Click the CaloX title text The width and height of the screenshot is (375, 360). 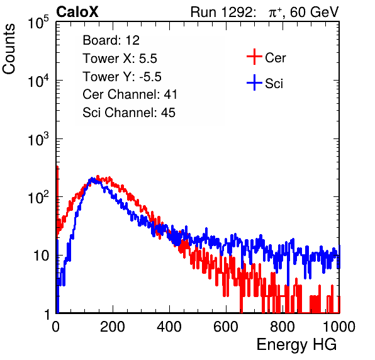77,12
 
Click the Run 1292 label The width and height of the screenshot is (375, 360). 221,12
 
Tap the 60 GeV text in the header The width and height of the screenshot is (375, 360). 314,12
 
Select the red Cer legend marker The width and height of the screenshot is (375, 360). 254,57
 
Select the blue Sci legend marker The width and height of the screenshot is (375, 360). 254,82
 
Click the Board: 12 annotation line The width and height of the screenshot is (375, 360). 111,40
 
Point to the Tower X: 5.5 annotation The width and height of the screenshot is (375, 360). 120,59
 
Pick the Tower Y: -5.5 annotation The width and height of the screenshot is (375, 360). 122,77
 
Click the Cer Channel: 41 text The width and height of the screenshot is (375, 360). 130,94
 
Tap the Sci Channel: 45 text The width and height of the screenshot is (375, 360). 129,113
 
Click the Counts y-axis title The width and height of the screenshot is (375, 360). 9,49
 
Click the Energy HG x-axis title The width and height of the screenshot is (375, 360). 296,345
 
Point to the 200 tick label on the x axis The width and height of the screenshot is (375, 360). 113,327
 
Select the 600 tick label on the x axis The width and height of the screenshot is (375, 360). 226,327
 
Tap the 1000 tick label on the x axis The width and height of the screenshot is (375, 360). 339,327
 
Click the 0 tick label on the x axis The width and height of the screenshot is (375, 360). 56,327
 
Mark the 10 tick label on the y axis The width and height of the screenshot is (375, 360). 42,256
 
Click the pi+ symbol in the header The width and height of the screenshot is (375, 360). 275,12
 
